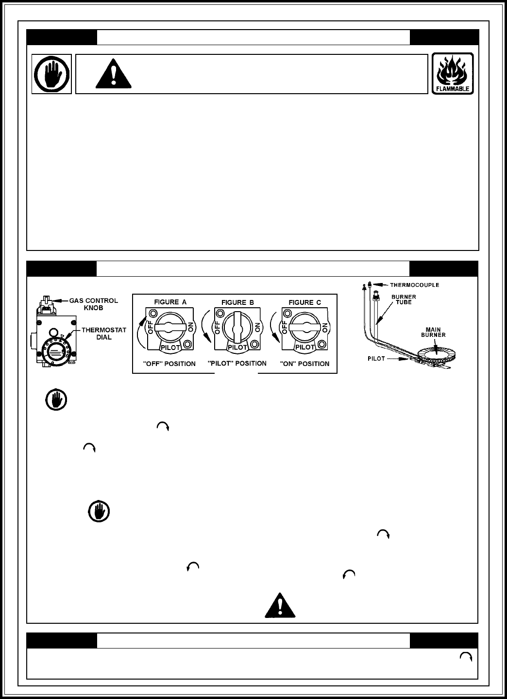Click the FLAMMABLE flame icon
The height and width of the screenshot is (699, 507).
453,73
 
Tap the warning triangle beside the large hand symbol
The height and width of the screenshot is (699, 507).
113,74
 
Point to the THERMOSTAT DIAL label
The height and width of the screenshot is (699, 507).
103,333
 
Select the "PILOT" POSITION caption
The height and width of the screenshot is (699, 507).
237,363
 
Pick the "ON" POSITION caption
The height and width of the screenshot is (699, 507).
304,364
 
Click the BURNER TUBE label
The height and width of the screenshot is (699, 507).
401,300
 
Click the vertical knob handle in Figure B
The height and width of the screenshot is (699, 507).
237,328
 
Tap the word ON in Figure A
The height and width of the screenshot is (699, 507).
190,328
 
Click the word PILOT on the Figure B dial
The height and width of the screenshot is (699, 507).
237,348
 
